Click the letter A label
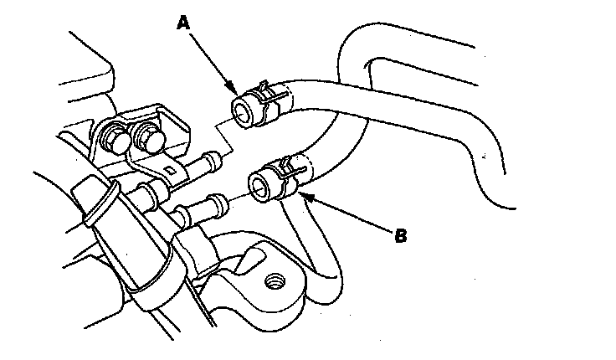[186, 25]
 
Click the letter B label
[400, 237]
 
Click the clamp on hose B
[282, 172]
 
